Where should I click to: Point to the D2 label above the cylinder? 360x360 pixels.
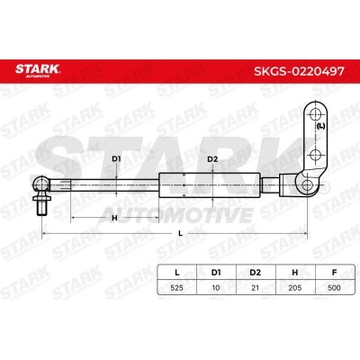(212, 160)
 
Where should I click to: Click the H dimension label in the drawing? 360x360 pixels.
(113, 219)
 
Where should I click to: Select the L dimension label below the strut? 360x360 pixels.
(180, 234)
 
